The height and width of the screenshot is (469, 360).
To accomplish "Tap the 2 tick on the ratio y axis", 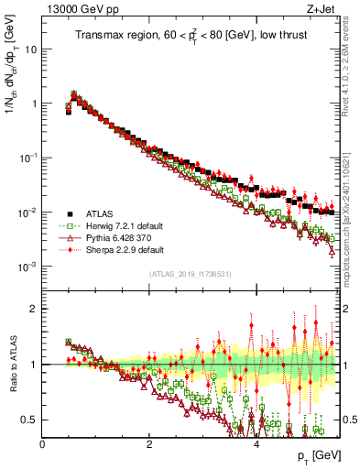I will (35, 309).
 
